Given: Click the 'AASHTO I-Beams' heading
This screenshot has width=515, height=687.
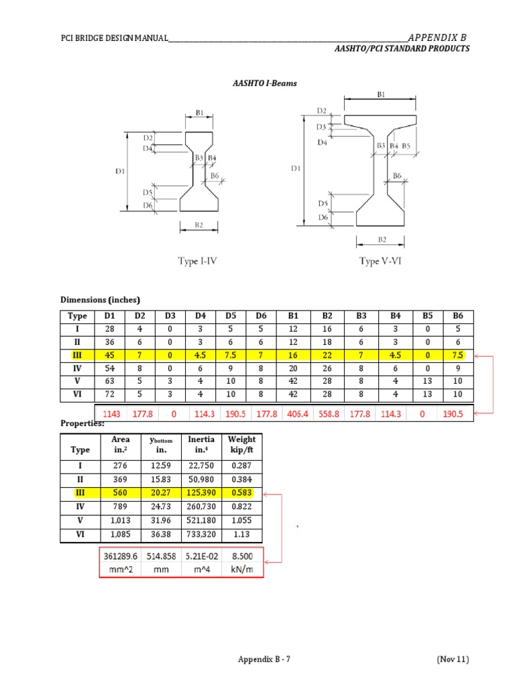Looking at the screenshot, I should coord(264,83).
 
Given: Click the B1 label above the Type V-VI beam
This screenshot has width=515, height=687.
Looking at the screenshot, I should coord(381,95).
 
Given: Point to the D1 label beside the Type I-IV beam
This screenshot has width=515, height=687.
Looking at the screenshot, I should coord(119,171).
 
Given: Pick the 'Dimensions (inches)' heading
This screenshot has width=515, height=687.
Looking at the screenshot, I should coord(101,299).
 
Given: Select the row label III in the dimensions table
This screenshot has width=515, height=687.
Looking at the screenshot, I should coord(76,356).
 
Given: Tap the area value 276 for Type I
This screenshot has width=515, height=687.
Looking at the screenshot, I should coord(121,466).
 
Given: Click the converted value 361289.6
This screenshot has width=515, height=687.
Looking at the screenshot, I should coord(121,556).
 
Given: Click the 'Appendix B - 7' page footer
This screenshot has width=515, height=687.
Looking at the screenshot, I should coord(264,659).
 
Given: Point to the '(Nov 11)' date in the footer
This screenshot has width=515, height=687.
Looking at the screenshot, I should coord(453,659).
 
